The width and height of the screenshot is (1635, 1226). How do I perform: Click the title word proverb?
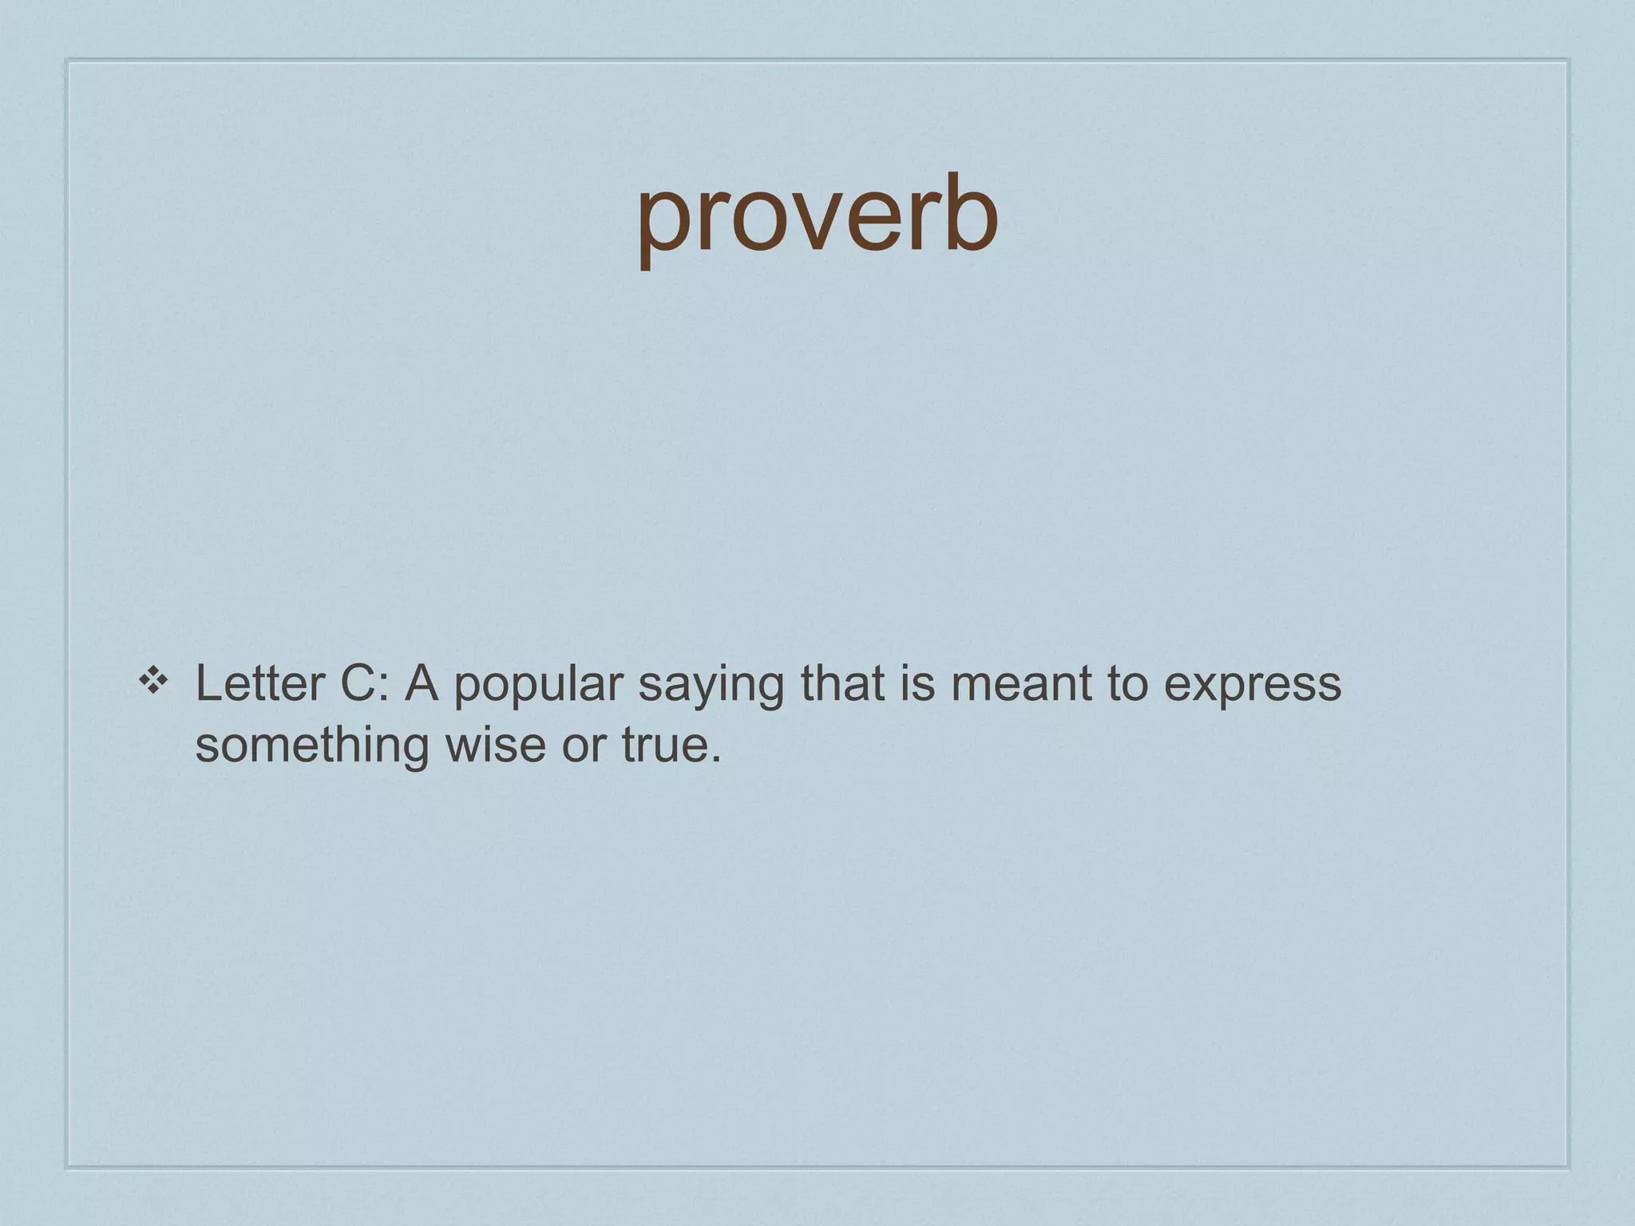click(817, 216)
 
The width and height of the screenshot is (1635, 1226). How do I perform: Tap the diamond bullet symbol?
click(152, 681)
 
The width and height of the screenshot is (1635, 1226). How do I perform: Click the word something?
click(312, 746)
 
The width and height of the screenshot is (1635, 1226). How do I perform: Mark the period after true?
click(715, 758)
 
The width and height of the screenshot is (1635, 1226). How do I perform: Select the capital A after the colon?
click(422, 684)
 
